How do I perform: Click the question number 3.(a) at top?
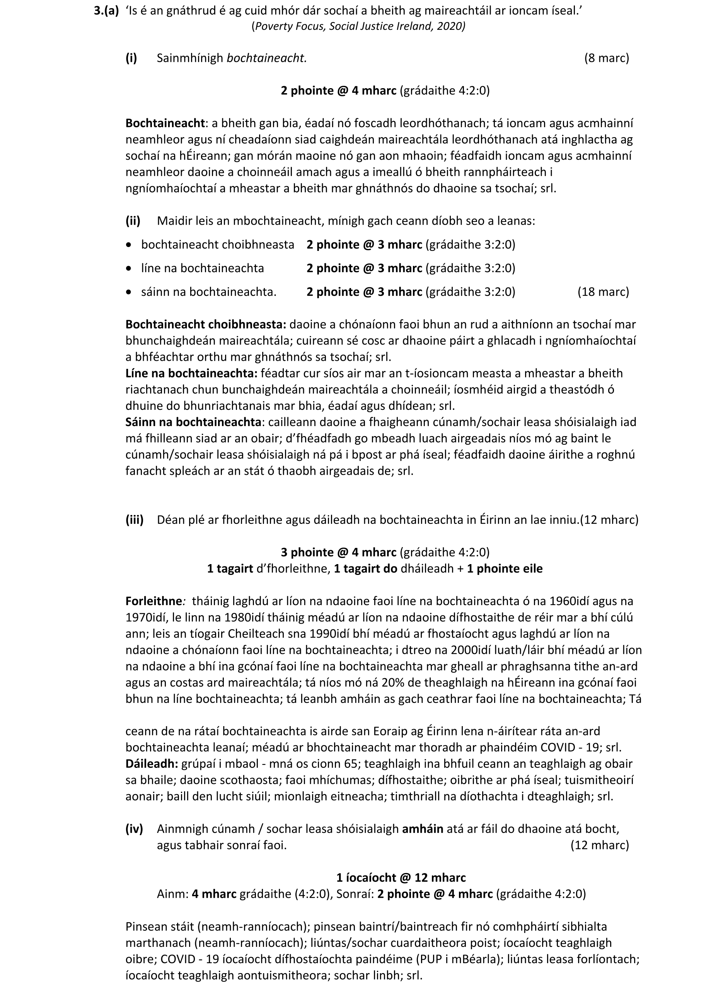pyautogui.click(x=106, y=11)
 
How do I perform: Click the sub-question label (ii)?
pyautogui.click(x=133, y=221)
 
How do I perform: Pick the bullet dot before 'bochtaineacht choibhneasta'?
pyautogui.click(x=128, y=245)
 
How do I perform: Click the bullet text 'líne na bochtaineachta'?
pyautogui.click(x=202, y=268)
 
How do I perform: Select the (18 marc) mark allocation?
pyautogui.click(x=603, y=292)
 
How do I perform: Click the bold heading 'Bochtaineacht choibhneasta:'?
pyautogui.click(x=206, y=324)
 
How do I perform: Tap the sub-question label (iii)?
pyautogui.click(x=135, y=520)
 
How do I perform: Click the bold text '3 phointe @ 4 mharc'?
pyautogui.click(x=338, y=553)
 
